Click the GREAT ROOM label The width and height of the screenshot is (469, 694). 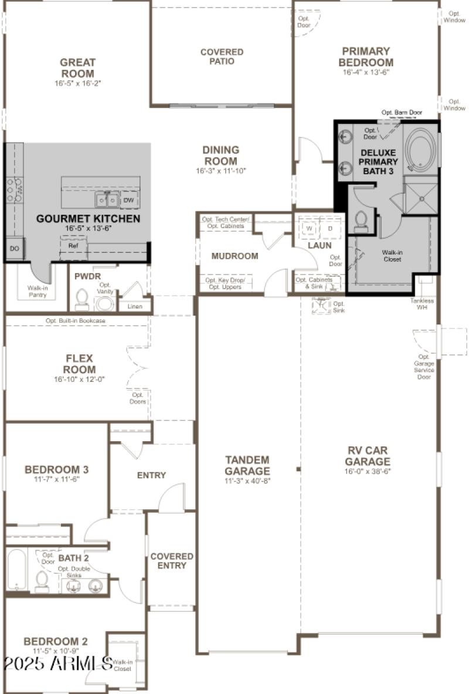pyautogui.click(x=77, y=67)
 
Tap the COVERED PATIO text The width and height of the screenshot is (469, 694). pyautogui.click(x=222, y=56)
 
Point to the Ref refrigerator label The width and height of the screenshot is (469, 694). pyautogui.click(x=73, y=246)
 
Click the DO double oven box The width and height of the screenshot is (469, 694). pyautogui.click(x=14, y=248)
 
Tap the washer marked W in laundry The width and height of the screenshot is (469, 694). pyautogui.click(x=307, y=228)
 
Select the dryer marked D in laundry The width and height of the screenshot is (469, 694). pyautogui.click(x=329, y=228)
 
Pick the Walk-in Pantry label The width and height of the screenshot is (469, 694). pyautogui.click(x=41, y=292)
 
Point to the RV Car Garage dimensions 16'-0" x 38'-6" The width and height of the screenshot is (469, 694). pyautogui.click(x=368, y=471)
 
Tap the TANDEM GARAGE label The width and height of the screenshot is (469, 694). pyautogui.click(x=247, y=465)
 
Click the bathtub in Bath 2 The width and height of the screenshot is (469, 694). pyautogui.click(x=16, y=570)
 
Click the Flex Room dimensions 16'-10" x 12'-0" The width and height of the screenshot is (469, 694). pyautogui.click(x=79, y=380)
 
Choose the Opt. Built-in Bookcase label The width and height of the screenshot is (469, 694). pyautogui.click(x=76, y=321)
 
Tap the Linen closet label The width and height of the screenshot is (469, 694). pyautogui.click(x=135, y=306)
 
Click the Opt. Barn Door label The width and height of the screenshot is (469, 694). pyautogui.click(x=402, y=112)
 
